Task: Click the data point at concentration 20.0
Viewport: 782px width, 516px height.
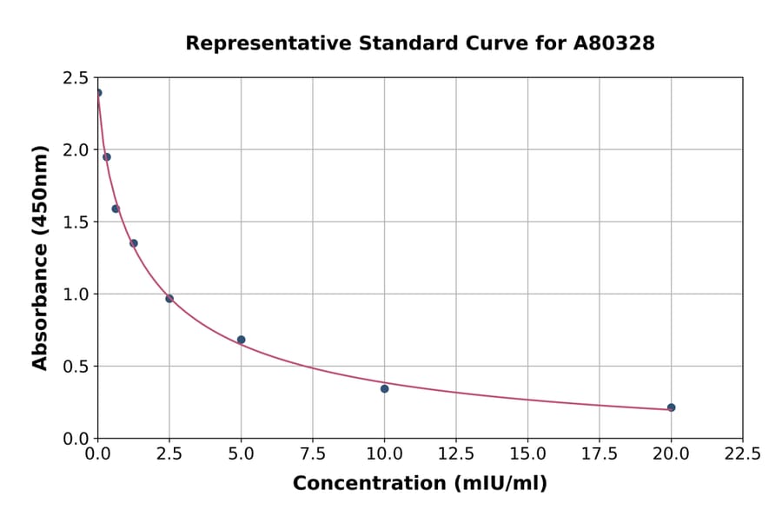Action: (671, 407)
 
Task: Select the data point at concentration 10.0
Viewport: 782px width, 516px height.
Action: (384, 388)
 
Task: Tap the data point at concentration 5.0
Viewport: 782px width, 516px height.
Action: (241, 340)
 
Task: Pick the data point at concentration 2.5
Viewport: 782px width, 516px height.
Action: (169, 299)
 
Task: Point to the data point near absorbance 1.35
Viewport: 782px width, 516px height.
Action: (134, 243)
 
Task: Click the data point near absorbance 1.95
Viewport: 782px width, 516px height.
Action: (107, 157)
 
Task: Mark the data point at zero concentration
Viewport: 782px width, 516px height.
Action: (98, 93)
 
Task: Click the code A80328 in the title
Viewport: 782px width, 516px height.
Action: (613, 43)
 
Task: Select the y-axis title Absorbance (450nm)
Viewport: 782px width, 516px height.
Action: (40, 257)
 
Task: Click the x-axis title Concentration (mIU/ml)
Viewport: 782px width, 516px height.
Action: (420, 483)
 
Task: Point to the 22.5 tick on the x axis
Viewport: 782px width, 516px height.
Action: (742, 453)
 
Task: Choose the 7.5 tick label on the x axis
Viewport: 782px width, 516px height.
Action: (313, 453)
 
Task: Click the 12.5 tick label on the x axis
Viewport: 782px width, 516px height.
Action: (456, 453)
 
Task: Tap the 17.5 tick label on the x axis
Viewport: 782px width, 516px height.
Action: (600, 453)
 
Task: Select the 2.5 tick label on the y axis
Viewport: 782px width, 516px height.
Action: (76, 78)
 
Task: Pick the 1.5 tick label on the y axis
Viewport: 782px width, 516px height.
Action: (76, 222)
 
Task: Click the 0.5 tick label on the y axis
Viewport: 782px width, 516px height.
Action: (76, 367)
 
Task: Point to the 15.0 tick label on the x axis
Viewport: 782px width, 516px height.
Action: (527, 453)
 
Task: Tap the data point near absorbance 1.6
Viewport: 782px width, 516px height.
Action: (116, 208)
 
